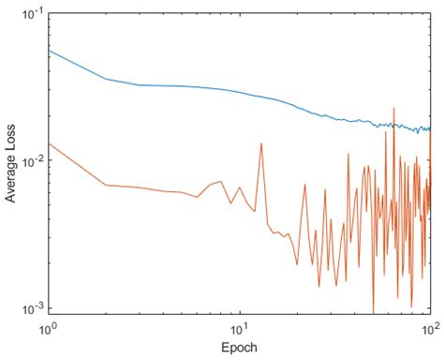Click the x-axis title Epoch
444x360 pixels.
[x=239, y=346]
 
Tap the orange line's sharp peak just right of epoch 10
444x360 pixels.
[x=260, y=141]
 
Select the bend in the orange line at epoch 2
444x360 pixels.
[x=105, y=185]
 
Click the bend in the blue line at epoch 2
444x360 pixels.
[x=105, y=79]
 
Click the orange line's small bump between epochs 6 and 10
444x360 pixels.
[x=221, y=181]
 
